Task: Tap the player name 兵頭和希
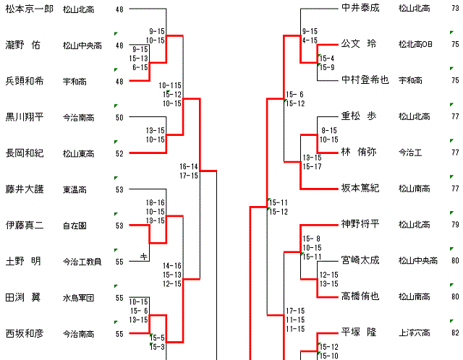(25, 81)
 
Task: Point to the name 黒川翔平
(25, 117)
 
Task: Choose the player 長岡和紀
(25, 153)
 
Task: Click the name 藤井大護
(25, 189)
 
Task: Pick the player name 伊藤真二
(25, 226)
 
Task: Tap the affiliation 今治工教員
(82, 262)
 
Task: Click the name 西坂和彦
(25, 334)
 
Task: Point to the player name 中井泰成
(360, 9)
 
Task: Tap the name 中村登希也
(365, 80)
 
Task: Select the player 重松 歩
(359, 116)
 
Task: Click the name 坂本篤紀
(360, 189)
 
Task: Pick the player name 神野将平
(360, 224)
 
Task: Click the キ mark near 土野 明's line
(144, 256)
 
